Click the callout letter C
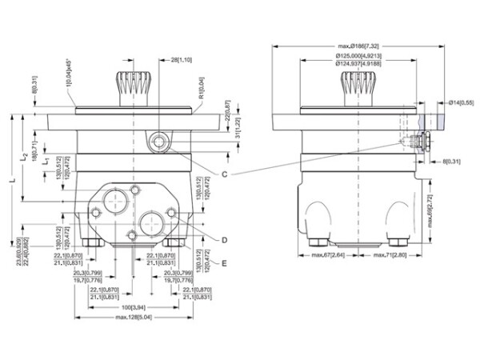pyautogui.click(x=226, y=174)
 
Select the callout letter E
pyautogui.click(x=226, y=262)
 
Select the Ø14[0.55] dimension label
pyautogui.click(x=461, y=103)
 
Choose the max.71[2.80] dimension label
pyautogui.click(x=390, y=255)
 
